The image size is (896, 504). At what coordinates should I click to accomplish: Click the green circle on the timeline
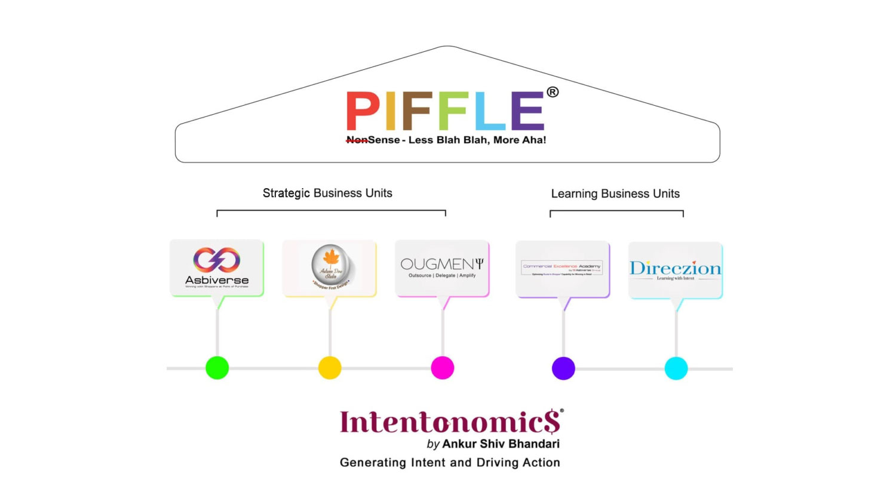pos(217,368)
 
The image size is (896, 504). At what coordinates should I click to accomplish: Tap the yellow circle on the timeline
pos(330,368)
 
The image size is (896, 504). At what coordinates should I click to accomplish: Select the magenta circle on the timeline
pos(443,368)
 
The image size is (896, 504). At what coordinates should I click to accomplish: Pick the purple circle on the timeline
pos(563,368)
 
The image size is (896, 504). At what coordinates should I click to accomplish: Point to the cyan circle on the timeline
pos(676,368)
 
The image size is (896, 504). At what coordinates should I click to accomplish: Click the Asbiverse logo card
pos(217,268)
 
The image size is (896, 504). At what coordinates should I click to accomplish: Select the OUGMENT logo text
pos(442,264)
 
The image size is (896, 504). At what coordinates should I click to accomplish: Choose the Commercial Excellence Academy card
pos(562,268)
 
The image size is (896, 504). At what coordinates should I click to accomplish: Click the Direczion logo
pos(675,269)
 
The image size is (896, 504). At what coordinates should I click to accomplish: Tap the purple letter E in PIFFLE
pos(527,111)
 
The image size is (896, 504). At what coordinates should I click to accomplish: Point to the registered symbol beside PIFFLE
pos(553,92)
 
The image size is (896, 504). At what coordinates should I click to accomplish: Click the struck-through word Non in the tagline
pos(357,140)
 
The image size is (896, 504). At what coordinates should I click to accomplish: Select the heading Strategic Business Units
pos(327,193)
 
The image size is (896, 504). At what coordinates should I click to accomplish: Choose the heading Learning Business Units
pos(615,193)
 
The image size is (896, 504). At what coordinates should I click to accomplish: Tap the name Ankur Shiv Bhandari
pos(501,444)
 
